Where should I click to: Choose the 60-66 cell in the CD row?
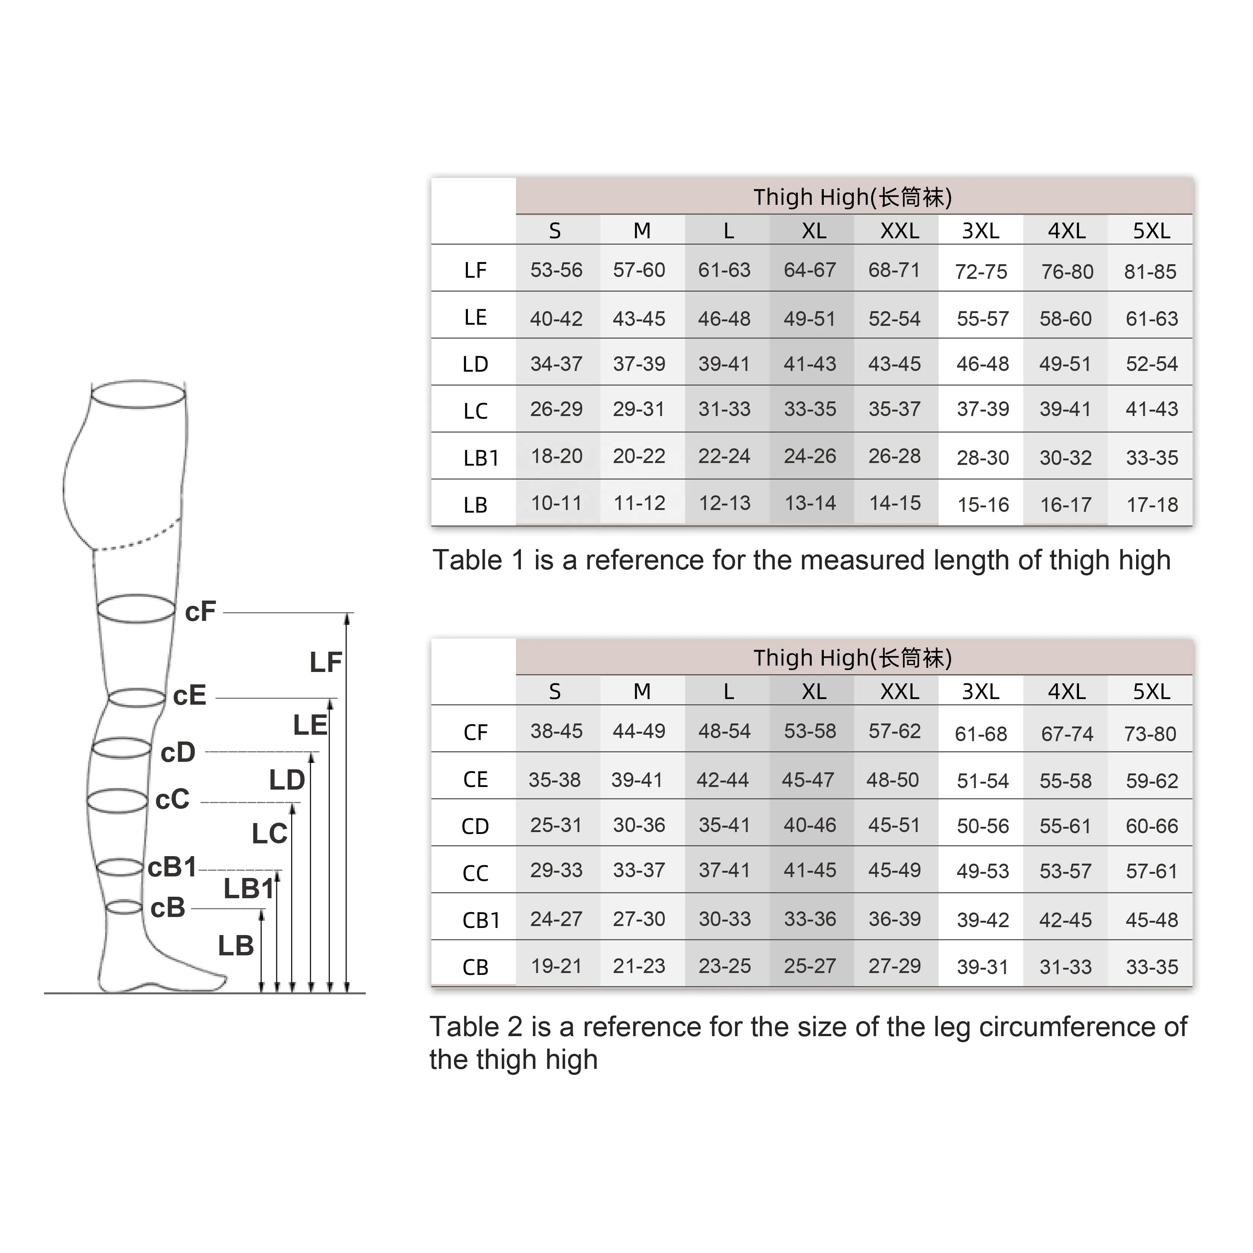[1151, 826]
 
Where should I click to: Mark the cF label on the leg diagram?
[200, 611]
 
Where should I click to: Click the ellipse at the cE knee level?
[136, 698]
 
